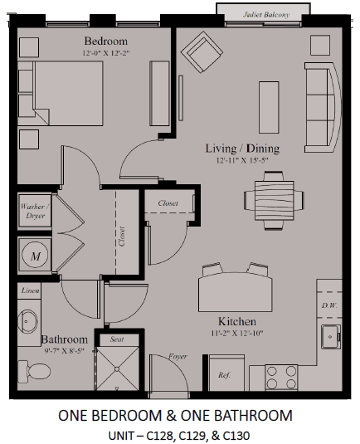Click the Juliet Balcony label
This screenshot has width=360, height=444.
(x=266, y=15)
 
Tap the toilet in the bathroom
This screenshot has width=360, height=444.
(x=34, y=370)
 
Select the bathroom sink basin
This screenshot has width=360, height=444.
(x=27, y=321)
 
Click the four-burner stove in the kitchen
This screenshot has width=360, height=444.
(x=281, y=378)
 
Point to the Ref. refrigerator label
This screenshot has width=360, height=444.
(x=224, y=375)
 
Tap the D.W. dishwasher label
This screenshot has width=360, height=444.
(x=329, y=305)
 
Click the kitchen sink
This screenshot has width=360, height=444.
(x=331, y=337)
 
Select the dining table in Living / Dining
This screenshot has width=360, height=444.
(x=275, y=201)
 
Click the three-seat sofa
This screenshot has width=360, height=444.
(x=323, y=108)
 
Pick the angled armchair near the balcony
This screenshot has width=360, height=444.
(x=202, y=52)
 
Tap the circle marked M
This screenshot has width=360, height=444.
(x=36, y=256)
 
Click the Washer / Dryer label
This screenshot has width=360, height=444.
(x=35, y=211)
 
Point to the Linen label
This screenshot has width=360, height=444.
(x=31, y=290)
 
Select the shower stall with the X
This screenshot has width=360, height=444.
(x=117, y=368)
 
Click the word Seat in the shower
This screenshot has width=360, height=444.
(x=117, y=339)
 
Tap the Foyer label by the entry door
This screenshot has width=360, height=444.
(x=178, y=356)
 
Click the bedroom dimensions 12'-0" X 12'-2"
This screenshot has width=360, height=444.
(x=106, y=53)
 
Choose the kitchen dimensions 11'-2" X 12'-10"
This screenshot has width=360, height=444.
(x=237, y=334)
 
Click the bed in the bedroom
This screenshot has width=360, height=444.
(x=61, y=93)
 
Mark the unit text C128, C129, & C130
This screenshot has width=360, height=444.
(x=197, y=436)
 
